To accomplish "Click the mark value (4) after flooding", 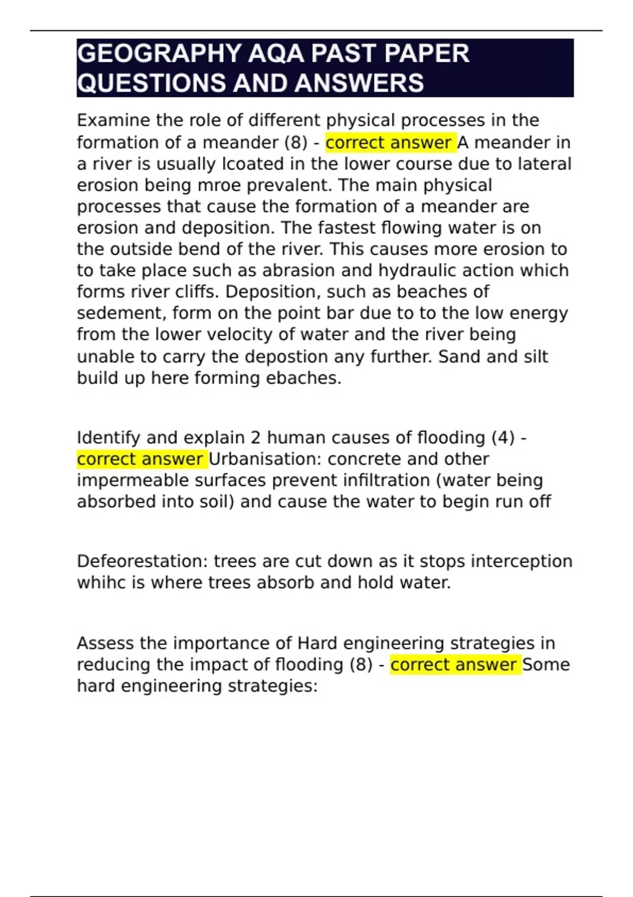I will tap(501, 438).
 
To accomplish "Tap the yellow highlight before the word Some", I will tap(455, 665).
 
